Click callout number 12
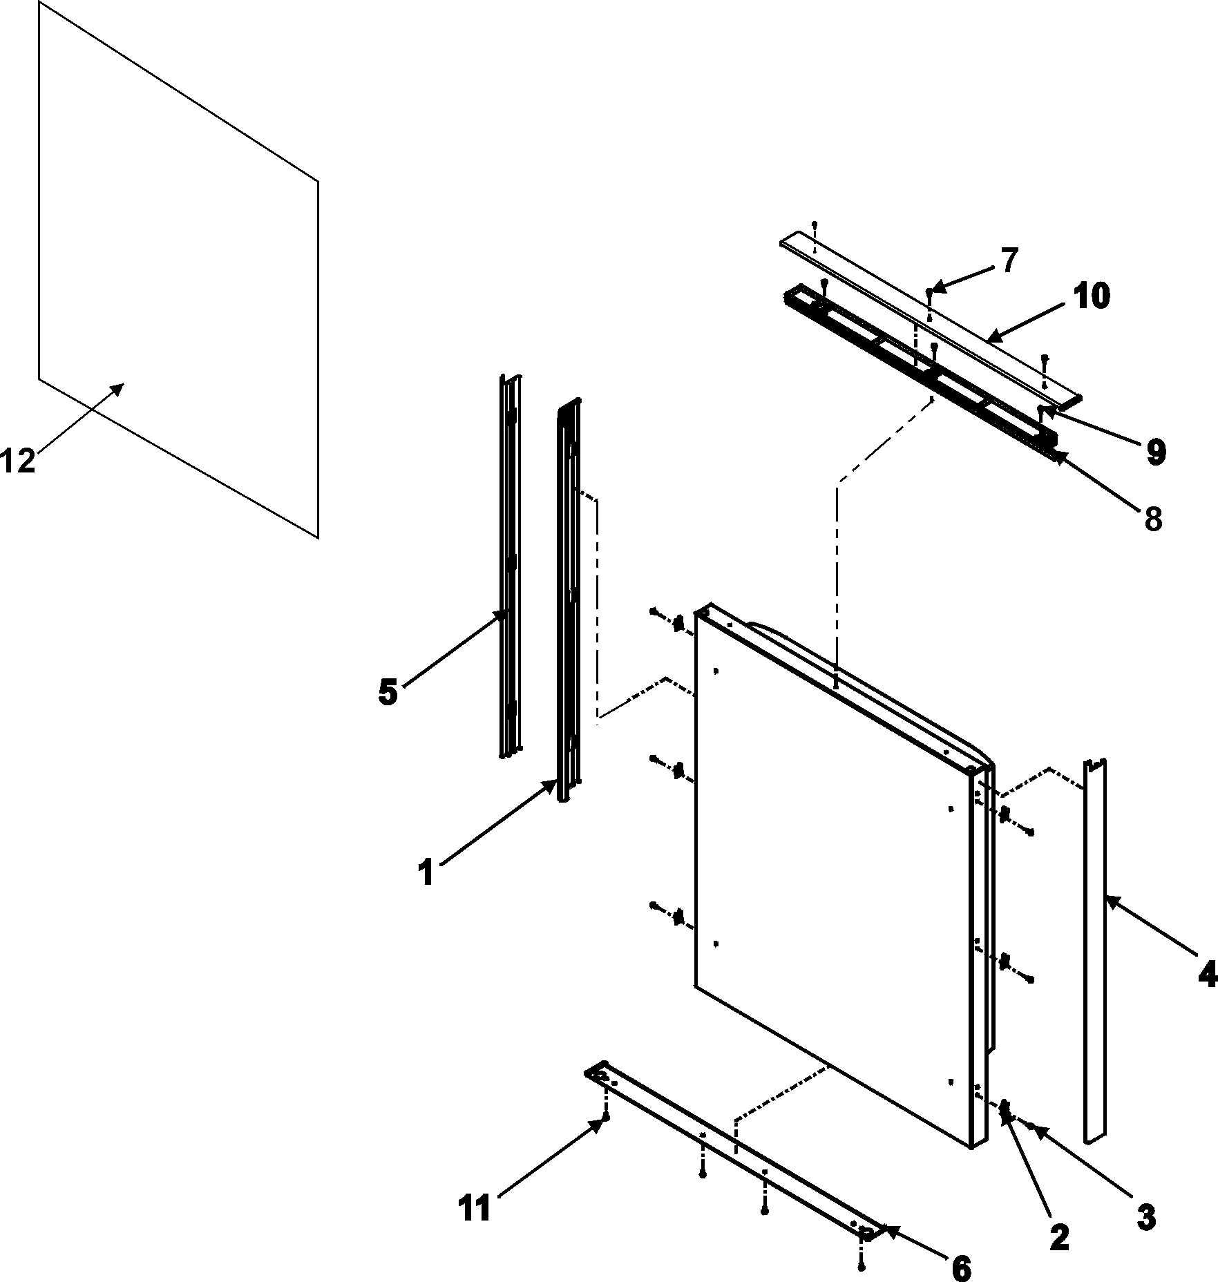point(18,461)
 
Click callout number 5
point(388,692)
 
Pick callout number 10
point(1092,296)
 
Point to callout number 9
point(1156,452)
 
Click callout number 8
point(1152,519)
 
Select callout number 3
point(1145,1218)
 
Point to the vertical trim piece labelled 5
point(511,566)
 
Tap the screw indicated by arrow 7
point(929,293)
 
